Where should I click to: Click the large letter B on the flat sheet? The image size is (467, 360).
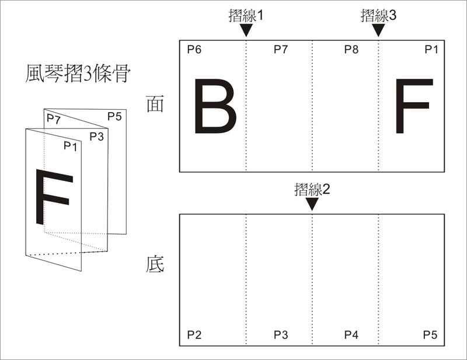click(215, 106)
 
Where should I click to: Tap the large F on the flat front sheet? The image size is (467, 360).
click(414, 106)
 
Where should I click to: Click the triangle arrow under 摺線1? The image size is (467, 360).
click(246, 30)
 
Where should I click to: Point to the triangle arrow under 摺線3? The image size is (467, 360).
click(378, 30)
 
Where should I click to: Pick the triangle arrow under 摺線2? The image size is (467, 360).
click(312, 204)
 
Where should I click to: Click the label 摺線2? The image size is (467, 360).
click(312, 189)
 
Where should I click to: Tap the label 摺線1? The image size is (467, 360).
click(246, 15)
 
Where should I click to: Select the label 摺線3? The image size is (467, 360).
click(378, 15)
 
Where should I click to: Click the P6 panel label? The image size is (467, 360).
click(194, 50)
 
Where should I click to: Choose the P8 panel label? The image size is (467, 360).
click(351, 50)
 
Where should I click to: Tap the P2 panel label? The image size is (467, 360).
click(194, 335)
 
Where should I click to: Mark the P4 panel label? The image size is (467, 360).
click(351, 335)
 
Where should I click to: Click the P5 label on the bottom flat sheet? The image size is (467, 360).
click(430, 335)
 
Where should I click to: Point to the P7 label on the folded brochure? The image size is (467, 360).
click(54, 119)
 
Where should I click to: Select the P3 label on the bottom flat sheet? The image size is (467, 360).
click(281, 335)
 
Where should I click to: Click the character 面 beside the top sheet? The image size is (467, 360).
click(155, 104)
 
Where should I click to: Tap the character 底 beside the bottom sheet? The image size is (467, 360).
click(155, 264)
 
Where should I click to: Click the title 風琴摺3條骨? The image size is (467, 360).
click(78, 74)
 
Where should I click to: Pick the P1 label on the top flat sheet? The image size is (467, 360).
click(431, 50)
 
